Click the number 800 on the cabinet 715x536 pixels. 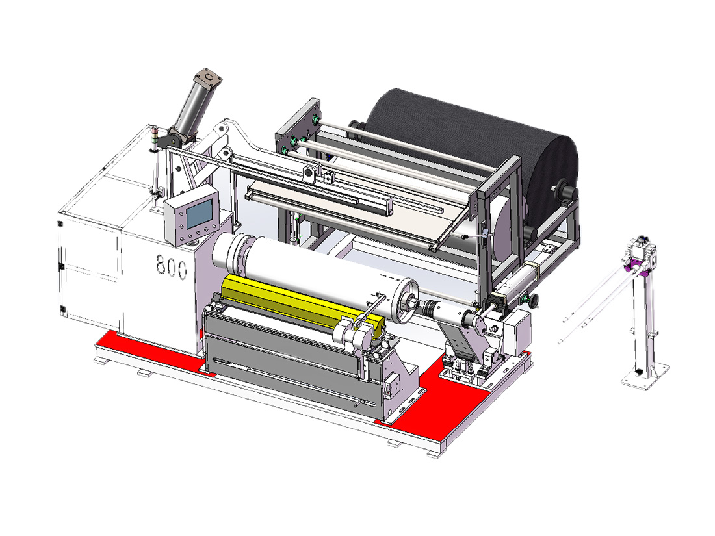(172, 266)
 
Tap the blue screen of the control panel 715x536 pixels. (200, 214)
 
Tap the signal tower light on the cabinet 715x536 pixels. (154, 138)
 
